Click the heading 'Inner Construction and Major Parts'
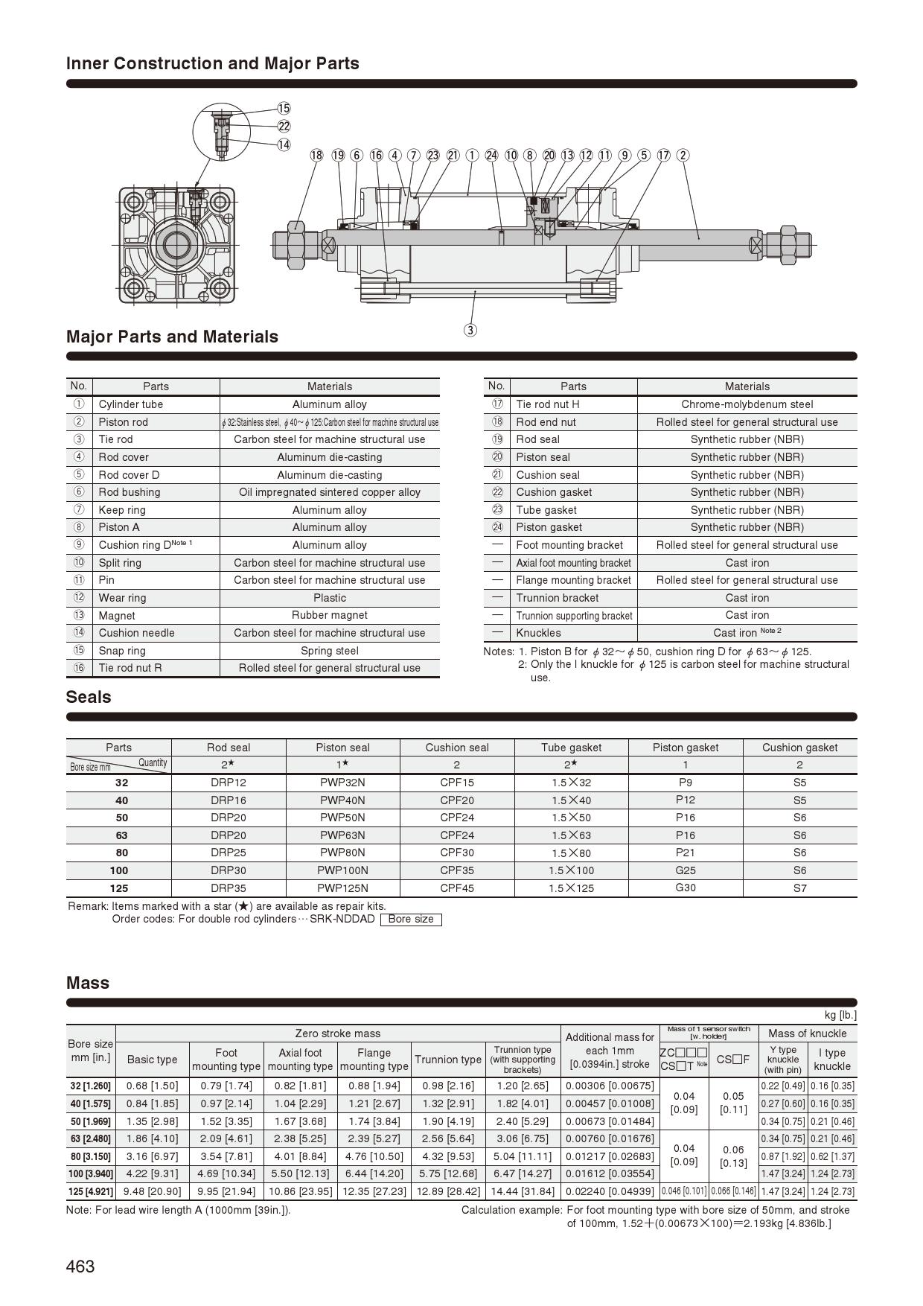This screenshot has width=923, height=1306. click(213, 64)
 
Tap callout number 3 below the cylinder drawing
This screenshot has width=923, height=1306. click(470, 330)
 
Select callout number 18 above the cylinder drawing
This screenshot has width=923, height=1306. click(317, 155)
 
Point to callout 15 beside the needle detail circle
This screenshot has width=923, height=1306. click(284, 109)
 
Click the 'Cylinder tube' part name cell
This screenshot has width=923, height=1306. click(131, 404)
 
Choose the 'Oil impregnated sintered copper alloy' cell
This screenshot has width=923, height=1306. click(330, 492)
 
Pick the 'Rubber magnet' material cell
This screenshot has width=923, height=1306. click(330, 615)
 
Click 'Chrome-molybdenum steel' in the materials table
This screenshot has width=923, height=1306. click(747, 404)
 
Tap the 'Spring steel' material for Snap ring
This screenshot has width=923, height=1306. click(330, 651)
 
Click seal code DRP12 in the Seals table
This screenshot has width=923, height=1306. click(229, 783)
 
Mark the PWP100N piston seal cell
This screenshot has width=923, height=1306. click(342, 870)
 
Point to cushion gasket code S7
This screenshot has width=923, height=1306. click(799, 888)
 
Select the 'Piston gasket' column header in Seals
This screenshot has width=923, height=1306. click(686, 748)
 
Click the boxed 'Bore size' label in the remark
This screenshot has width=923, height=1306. click(411, 920)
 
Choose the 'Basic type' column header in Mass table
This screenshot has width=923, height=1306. click(152, 1060)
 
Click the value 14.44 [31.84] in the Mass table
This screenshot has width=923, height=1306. click(523, 1191)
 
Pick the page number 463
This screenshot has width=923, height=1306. click(80, 1267)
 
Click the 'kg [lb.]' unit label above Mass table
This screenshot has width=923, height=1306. click(840, 1015)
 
